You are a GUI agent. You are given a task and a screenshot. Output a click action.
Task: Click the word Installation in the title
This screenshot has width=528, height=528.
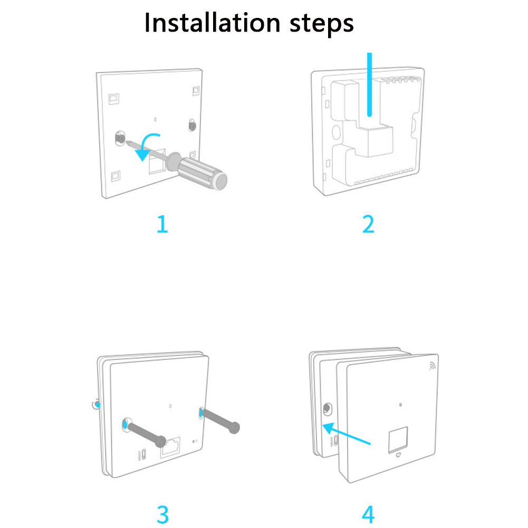(x=212, y=23)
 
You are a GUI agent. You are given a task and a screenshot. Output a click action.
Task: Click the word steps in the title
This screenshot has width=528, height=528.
(x=322, y=24)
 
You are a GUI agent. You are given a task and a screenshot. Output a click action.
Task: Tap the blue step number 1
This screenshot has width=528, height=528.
(x=162, y=224)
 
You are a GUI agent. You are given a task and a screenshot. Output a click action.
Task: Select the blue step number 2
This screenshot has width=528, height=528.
(x=368, y=224)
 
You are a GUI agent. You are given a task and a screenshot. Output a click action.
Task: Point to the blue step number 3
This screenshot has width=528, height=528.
(x=162, y=514)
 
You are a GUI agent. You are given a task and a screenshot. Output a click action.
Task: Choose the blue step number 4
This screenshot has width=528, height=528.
(x=368, y=514)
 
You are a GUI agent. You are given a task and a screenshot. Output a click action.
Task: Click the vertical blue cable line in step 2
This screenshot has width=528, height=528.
(x=369, y=84)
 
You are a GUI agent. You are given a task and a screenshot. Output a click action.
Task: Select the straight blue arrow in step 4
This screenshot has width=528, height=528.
(x=347, y=434)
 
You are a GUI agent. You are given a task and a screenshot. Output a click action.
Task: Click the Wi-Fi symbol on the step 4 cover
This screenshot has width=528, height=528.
(x=433, y=366)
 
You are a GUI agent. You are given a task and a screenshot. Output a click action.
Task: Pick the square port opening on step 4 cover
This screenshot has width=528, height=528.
(x=398, y=439)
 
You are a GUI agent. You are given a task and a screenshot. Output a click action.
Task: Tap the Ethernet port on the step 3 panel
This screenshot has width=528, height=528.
(x=170, y=447)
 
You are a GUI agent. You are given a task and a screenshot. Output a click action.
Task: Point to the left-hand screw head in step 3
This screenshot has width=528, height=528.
(x=161, y=441)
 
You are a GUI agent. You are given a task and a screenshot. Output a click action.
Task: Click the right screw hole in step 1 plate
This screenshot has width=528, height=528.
(x=192, y=125)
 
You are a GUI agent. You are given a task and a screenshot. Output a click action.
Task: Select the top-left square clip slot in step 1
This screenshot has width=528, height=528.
(x=114, y=99)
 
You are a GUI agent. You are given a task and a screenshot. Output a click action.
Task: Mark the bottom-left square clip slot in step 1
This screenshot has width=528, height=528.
(x=116, y=176)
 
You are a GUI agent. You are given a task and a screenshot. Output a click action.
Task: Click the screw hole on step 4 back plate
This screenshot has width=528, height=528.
(x=327, y=409)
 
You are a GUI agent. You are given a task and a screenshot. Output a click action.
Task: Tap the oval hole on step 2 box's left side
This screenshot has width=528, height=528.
(x=335, y=132)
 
